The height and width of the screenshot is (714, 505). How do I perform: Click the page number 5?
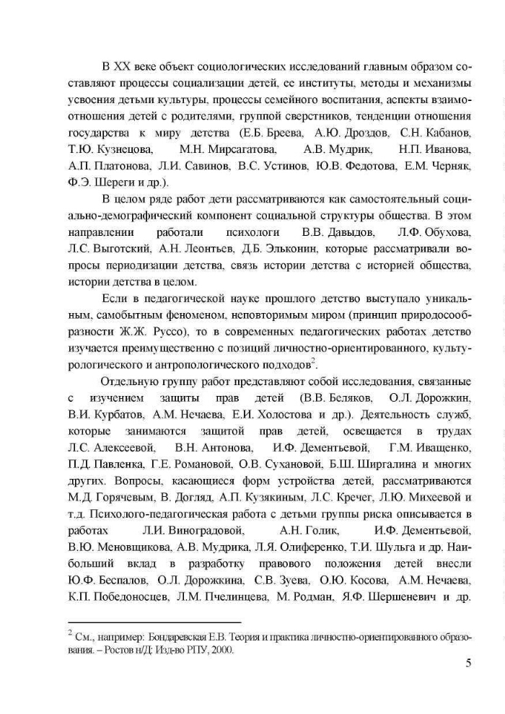(x=468, y=663)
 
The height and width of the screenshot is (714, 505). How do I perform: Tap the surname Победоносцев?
(x=130, y=598)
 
